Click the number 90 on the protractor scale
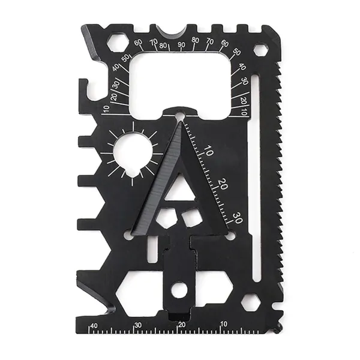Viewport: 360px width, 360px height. coord(181,44)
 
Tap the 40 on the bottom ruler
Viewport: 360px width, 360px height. coord(94,326)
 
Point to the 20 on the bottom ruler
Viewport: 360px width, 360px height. coord(182,325)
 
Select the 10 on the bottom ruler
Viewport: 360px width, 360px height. coord(224,324)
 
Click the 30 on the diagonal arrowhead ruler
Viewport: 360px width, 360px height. coord(238,218)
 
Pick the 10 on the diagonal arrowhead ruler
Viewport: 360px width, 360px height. coord(208,151)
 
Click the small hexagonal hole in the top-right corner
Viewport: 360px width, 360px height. coord(260,49)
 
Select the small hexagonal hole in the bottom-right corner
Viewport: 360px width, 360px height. coord(251,302)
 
